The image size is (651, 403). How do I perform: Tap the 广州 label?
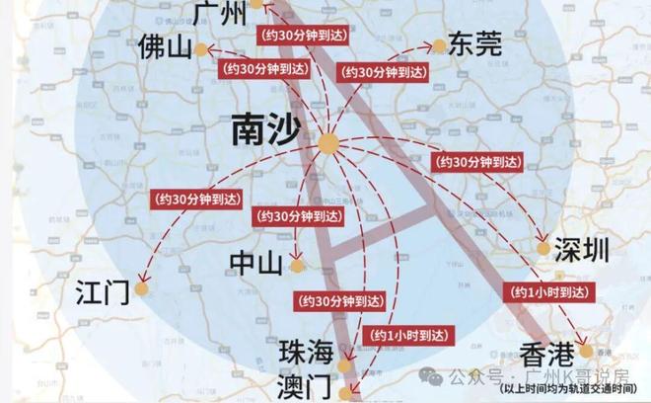tap(218, 13)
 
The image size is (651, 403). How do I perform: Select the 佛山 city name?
tap(164, 47)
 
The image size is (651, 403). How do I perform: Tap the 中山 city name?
tap(255, 263)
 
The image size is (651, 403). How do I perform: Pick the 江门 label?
tap(105, 293)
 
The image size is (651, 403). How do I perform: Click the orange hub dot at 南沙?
tap(327, 145)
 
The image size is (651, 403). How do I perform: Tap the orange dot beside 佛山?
tap(201, 48)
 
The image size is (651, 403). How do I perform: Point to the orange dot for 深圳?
tap(542, 247)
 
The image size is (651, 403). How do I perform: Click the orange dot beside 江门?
tap(143, 289)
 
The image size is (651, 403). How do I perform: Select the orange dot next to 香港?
tap(587, 351)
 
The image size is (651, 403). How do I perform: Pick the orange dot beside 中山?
tap(295, 265)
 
